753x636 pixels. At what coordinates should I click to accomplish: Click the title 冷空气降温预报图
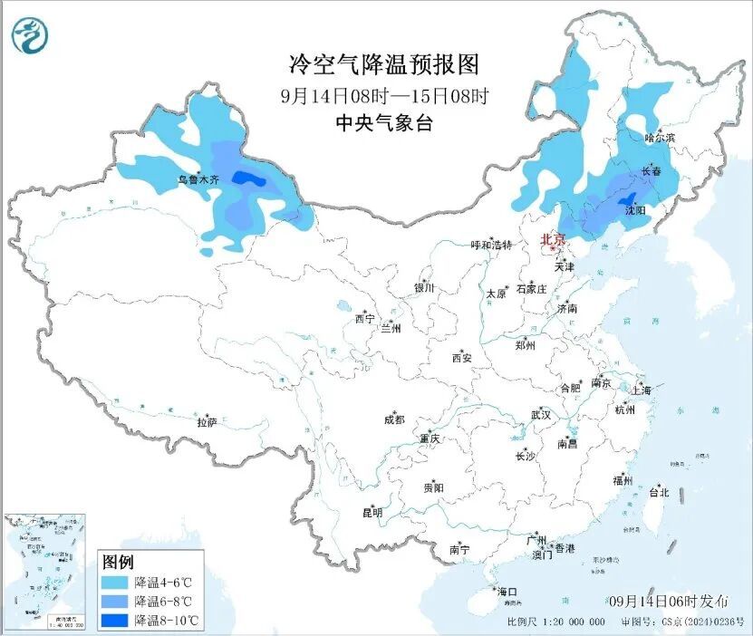click(x=382, y=64)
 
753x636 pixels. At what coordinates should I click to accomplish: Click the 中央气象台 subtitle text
click(x=384, y=123)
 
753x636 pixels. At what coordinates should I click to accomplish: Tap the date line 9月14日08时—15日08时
click(x=384, y=94)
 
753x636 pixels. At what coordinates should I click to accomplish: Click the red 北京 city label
click(x=553, y=239)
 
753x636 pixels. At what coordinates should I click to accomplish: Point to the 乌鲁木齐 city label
click(x=198, y=180)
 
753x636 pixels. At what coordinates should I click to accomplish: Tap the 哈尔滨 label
click(x=660, y=138)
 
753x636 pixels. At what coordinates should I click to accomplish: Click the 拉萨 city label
click(x=207, y=421)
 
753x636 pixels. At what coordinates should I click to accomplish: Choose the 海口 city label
click(x=507, y=592)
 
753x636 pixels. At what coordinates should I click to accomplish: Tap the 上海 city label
click(x=642, y=390)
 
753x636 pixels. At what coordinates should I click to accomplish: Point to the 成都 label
click(x=394, y=419)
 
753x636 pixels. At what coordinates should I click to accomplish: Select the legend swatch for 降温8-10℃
click(x=116, y=620)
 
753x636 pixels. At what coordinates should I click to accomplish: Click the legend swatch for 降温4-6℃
click(x=116, y=581)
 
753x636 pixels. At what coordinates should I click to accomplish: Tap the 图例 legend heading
click(x=119, y=561)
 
